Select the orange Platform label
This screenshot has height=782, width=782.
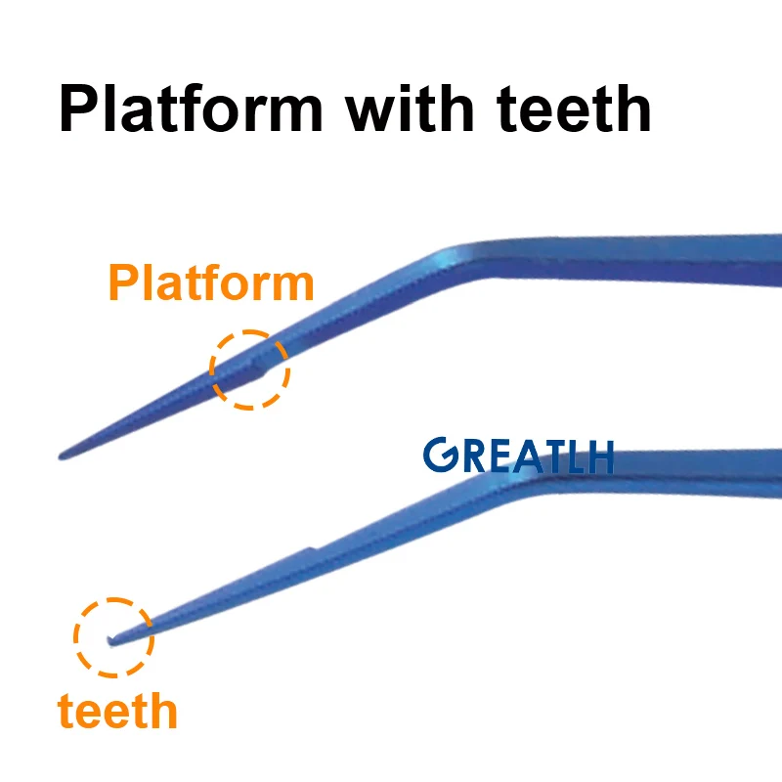pyautogui.click(x=211, y=283)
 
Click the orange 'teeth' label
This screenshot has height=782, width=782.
pyautogui.click(x=117, y=711)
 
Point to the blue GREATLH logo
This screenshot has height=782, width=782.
pyautogui.click(x=518, y=456)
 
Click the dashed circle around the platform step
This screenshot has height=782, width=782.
pyautogui.click(x=250, y=369)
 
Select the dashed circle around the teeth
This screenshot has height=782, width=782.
pyautogui.click(x=114, y=636)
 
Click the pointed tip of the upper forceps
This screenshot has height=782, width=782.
pyautogui.click(x=63, y=456)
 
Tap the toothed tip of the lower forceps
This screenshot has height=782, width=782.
pyautogui.click(x=110, y=641)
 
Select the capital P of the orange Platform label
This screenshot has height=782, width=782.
pyautogui.click(x=121, y=283)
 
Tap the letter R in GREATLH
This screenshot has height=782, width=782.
pyautogui.click(x=463, y=456)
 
